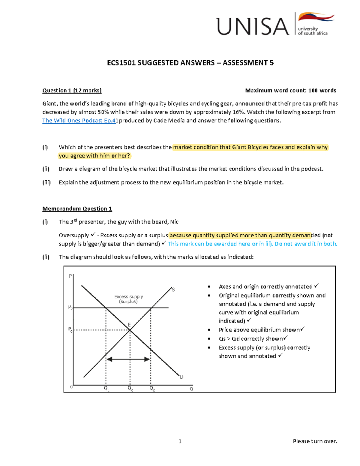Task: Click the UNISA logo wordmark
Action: (252, 26)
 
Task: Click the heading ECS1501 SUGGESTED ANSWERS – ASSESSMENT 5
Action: (190, 63)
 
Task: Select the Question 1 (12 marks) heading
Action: (72, 91)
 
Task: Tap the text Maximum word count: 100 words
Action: (290, 91)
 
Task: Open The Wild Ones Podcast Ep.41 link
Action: (79, 121)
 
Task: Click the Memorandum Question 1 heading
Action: (77, 209)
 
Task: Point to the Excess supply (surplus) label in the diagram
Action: (128, 299)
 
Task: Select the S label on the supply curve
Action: (173, 290)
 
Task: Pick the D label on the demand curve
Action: (181, 377)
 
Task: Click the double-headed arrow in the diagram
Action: (128, 359)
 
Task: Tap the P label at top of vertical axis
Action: (70, 276)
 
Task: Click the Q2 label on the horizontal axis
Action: (152, 389)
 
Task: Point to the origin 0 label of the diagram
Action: (71, 387)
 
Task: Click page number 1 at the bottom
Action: (180, 441)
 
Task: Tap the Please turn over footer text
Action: (315, 441)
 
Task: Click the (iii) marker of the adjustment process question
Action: (46, 182)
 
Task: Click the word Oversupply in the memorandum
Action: (74, 235)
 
